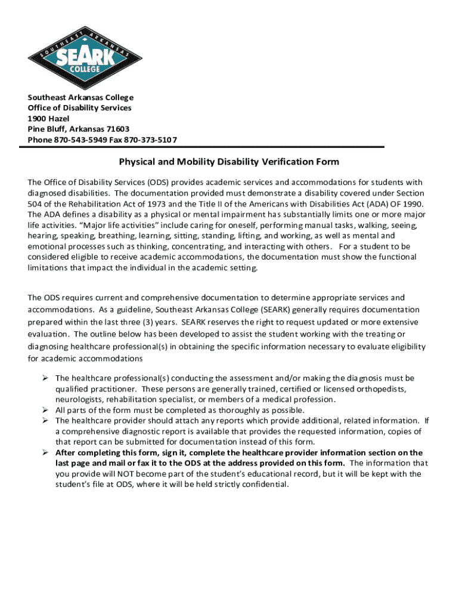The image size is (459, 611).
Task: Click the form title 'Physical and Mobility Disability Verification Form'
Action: coord(229,162)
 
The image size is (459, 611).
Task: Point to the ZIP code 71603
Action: coord(117,129)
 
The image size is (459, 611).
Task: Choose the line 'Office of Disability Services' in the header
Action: coord(79,108)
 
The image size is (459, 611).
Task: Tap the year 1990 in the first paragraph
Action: coord(410,204)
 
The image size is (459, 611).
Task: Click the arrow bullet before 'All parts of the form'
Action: coord(45,410)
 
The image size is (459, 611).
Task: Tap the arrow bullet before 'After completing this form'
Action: coord(45,452)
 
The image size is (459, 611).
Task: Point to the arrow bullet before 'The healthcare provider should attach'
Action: coord(45,421)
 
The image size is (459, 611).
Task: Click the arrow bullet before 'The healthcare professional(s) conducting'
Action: coord(45,378)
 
